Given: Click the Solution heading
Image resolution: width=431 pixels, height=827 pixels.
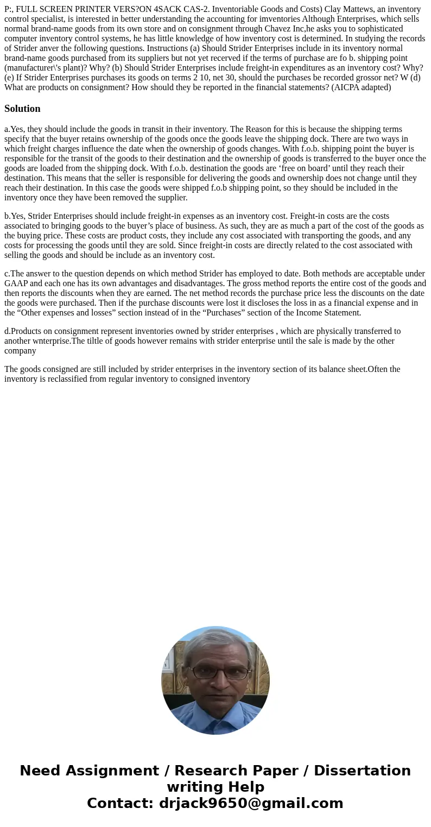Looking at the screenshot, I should pos(22,109).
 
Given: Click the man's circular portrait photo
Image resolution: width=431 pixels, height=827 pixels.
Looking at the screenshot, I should pos(215,680).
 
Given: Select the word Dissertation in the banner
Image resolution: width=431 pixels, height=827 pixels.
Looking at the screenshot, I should pos(362,771).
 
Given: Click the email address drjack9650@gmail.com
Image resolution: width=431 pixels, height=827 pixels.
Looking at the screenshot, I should pos(251,804).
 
